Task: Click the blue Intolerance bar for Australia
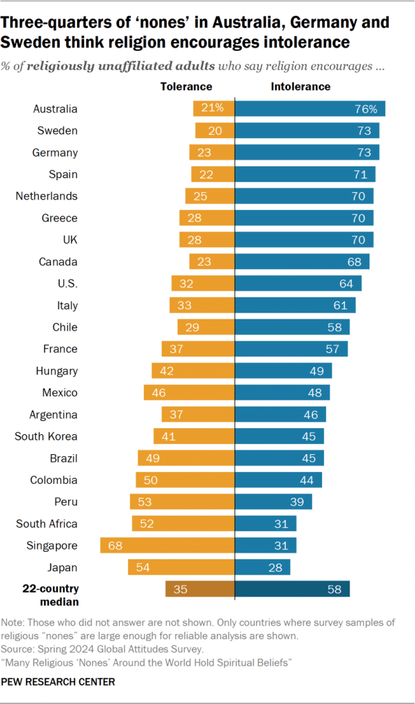[310, 109]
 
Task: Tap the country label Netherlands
[46, 196]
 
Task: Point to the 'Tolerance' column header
[186, 87]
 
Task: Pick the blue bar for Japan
[262, 568]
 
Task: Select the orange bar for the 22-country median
[200, 589]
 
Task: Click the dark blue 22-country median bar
[292, 589]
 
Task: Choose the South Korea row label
[47, 436]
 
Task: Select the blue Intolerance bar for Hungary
[284, 371]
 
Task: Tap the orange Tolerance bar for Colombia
[185, 480]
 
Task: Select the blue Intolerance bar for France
[291, 349]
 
